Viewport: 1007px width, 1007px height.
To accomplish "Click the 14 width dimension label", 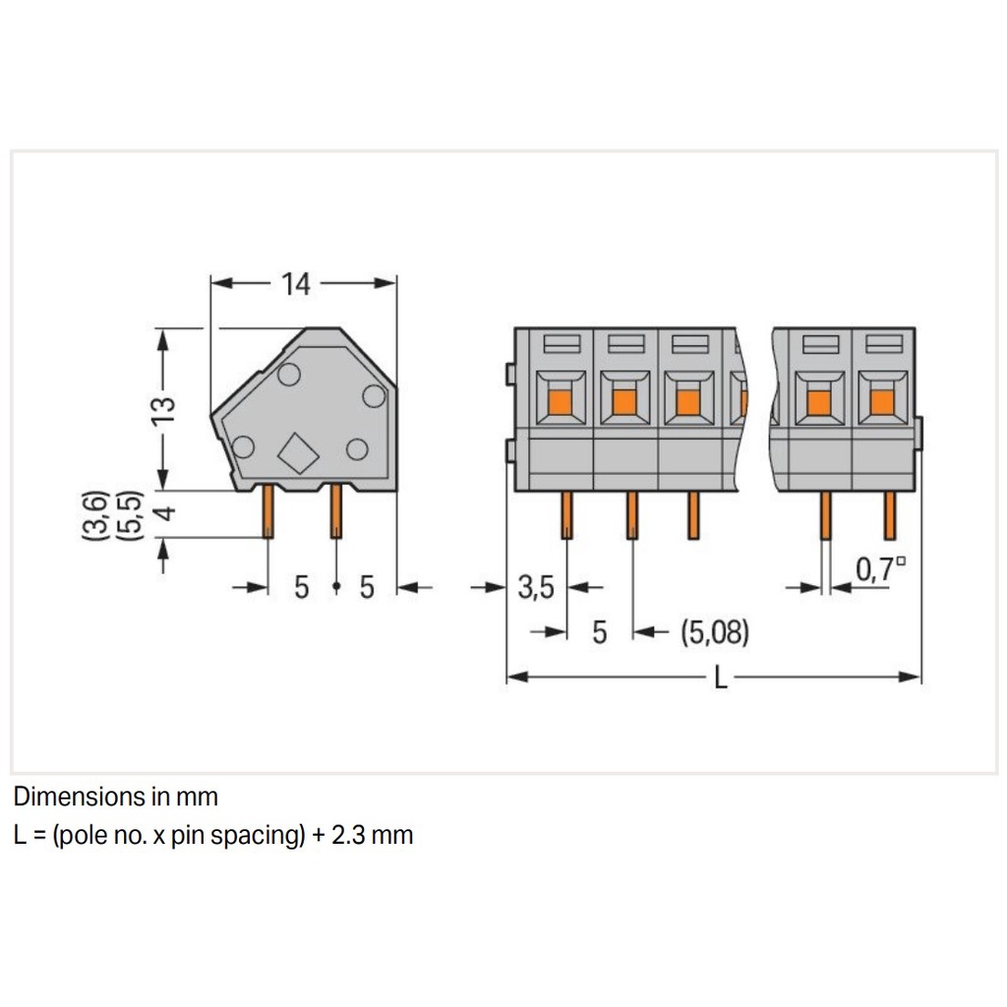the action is [x=295, y=284].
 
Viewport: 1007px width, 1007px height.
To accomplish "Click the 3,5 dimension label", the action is [x=536, y=588].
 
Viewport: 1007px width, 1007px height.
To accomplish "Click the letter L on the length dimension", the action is [x=721, y=678].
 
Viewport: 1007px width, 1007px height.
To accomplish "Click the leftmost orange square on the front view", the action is [x=559, y=401].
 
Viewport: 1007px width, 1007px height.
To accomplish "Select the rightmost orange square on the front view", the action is [x=882, y=401].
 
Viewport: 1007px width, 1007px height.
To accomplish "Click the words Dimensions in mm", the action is [x=116, y=796].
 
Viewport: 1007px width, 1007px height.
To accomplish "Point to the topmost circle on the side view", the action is [x=288, y=374].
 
